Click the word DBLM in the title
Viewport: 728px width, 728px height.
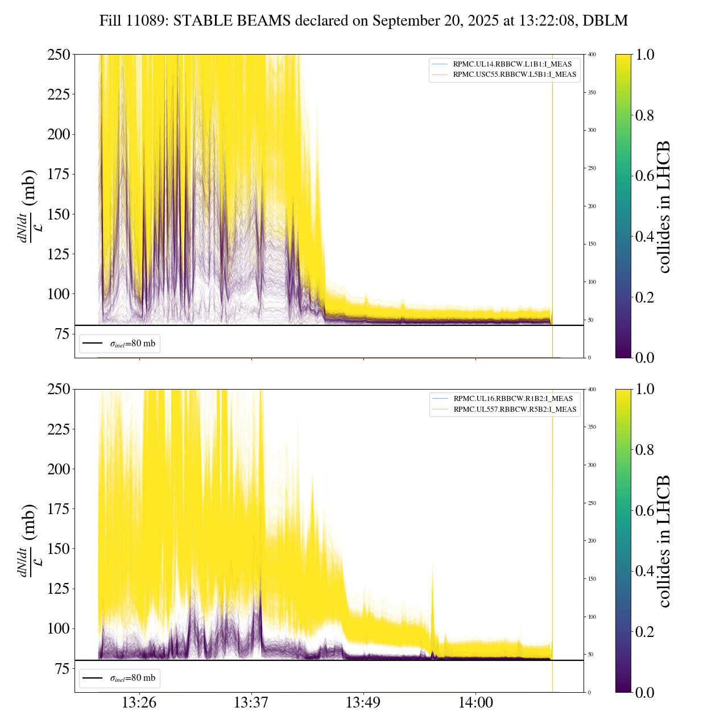click(608, 21)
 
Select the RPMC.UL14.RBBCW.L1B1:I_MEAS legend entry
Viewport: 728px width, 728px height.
click(512, 64)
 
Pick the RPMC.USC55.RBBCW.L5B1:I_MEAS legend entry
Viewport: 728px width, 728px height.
click(514, 75)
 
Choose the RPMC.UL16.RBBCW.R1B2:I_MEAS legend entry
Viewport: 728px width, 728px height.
click(513, 399)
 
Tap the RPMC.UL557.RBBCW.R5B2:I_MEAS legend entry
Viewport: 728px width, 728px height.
click(515, 409)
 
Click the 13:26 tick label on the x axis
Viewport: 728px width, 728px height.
click(139, 703)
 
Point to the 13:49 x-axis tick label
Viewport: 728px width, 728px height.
click(363, 703)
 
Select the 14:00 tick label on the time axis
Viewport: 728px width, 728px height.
click(475, 703)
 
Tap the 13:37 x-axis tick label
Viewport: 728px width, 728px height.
click(251, 703)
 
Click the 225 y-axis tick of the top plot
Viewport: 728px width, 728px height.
click(59, 94)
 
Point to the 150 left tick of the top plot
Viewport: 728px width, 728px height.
click(59, 214)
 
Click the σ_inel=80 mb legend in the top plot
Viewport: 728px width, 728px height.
click(120, 344)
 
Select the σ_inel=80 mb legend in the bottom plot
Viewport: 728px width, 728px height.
click(120, 678)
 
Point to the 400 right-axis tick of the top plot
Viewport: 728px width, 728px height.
click(592, 55)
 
